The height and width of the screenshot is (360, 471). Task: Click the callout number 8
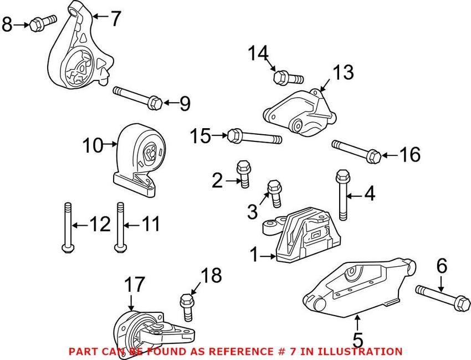[x=7, y=24]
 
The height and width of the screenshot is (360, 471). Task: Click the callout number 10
[x=93, y=146]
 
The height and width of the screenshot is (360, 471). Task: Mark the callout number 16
[x=410, y=155]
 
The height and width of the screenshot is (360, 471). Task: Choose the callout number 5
[x=357, y=338]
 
